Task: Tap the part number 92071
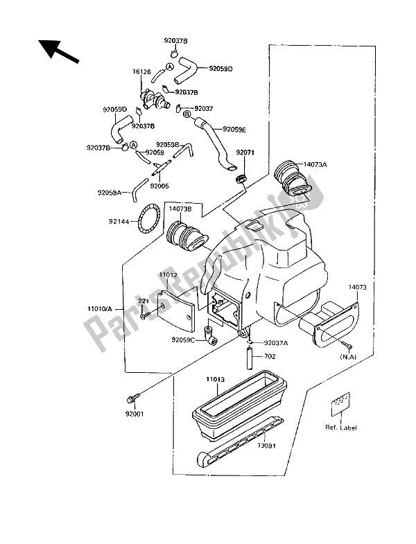pyautogui.click(x=245, y=152)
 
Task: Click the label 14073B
pyautogui.click(x=180, y=207)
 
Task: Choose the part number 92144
pyautogui.click(x=120, y=222)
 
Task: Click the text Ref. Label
pyautogui.click(x=341, y=428)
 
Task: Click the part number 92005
pyautogui.click(x=159, y=186)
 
